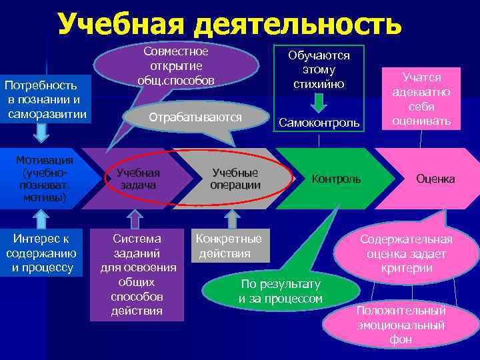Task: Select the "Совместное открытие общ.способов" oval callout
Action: tap(176, 66)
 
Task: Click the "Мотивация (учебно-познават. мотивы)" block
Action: tap(45, 179)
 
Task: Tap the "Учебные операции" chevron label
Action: tap(235, 179)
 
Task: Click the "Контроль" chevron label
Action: tap(337, 179)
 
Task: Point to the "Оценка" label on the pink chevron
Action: tap(435, 179)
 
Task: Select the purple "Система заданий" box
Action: tap(137, 274)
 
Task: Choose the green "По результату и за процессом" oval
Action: tap(281, 291)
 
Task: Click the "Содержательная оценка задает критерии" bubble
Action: tap(406, 254)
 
